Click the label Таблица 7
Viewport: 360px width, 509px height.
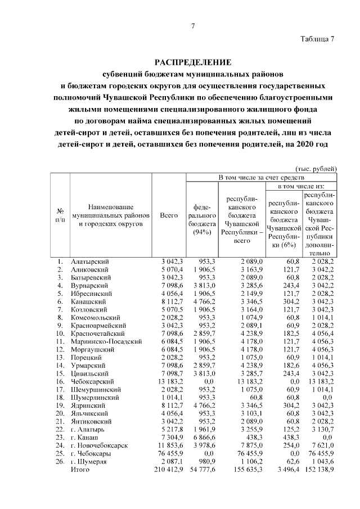318,39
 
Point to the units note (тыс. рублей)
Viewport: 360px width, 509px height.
316,168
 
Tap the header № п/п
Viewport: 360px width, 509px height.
60,215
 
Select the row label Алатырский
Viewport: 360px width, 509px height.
90,262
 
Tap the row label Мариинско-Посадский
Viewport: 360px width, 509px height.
106,341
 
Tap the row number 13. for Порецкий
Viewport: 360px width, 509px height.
60,357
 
